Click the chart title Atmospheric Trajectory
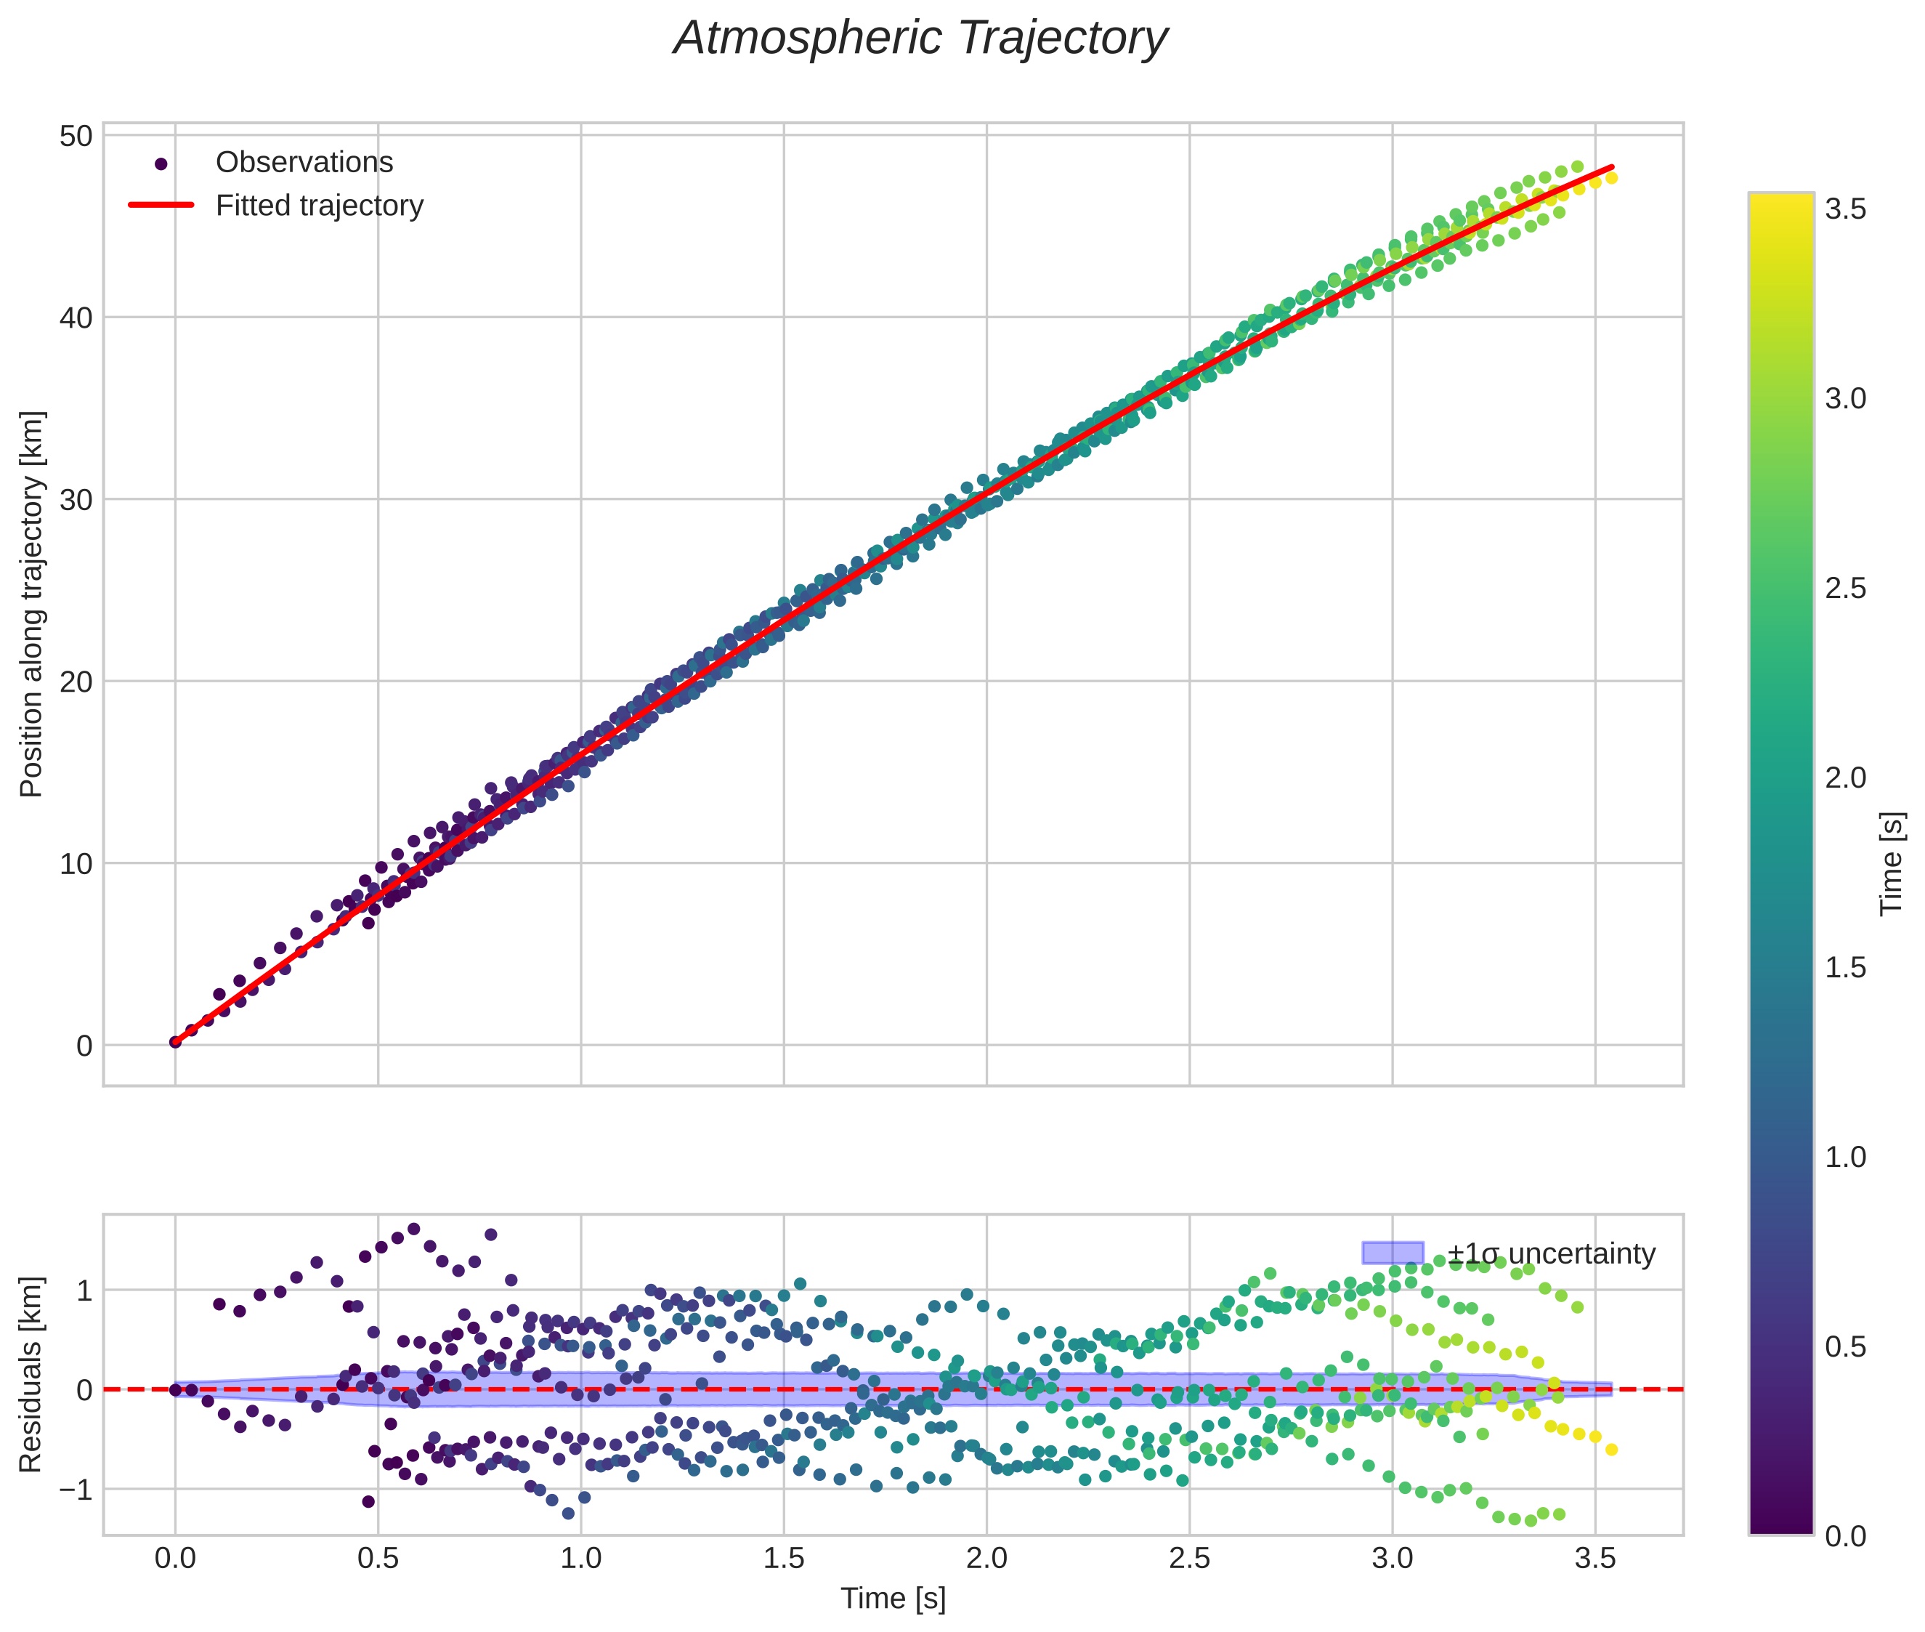click(x=920, y=39)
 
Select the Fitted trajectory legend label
click(x=319, y=206)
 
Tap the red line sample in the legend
click(x=161, y=206)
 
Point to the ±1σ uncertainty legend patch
click(x=1393, y=1253)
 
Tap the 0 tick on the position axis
click(x=84, y=1046)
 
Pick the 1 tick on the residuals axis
click(x=84, y=1290)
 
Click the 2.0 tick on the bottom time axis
click(x=986, y=1559)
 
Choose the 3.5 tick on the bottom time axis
click(x=1594, y=1559)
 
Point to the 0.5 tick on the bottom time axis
click(x=378, y=1559)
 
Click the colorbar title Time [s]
click(x=1892, y=863)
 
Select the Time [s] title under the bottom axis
click(x=893, y=1599)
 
